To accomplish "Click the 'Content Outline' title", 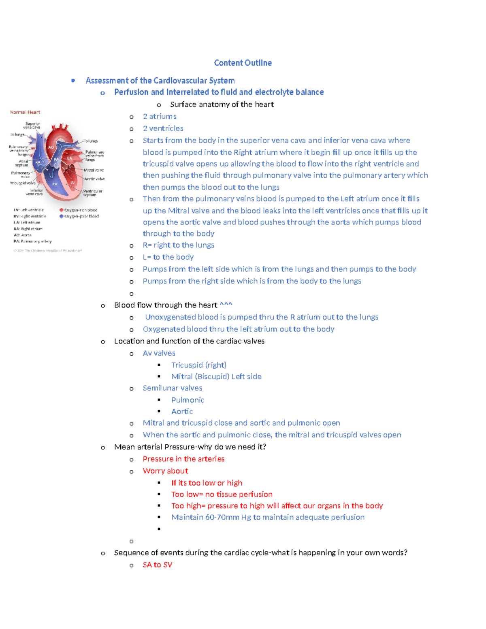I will [243, 63].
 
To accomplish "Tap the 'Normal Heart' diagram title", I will [25, 112].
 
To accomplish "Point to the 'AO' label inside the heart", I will [51, 147].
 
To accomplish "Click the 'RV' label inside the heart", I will [55, 184].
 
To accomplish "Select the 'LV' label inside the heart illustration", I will [73, 183].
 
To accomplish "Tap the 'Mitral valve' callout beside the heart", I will [94, 170].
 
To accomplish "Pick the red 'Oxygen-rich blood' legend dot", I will [62, 210].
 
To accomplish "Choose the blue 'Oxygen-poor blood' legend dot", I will [62, 216].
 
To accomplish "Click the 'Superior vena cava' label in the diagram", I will [32, 125].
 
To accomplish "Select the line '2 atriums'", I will [160, 117].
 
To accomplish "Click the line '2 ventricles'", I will [163, 128].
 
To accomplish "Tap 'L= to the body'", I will [168, 257].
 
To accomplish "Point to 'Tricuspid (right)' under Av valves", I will [198, 365].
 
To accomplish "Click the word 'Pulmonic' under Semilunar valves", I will [188, 400].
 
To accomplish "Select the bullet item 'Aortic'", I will [182, 412].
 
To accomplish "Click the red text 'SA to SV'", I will [157, 565].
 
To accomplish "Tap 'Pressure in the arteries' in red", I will [183, 459].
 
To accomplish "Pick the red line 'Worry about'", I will [165, 471].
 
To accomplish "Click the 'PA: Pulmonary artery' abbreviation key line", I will [32, 241].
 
